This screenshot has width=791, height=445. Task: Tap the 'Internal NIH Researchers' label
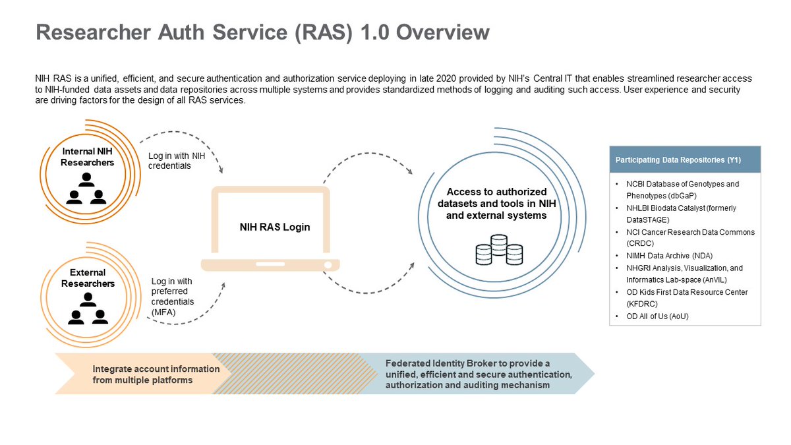coord(88,157)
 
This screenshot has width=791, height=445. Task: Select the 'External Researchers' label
coord(88,278)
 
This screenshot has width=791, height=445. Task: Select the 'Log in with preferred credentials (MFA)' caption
coord(172,297)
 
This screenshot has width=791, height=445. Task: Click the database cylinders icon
coord(498,249)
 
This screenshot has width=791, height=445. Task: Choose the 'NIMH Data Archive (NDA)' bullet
coord(669,256)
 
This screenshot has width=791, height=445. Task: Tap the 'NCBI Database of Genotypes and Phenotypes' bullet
coord(682,190)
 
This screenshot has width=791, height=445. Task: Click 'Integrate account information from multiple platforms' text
coord(156,374)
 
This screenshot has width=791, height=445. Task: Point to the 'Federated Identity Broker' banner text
coord(479,374)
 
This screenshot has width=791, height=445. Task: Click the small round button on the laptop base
coord(326,265)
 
